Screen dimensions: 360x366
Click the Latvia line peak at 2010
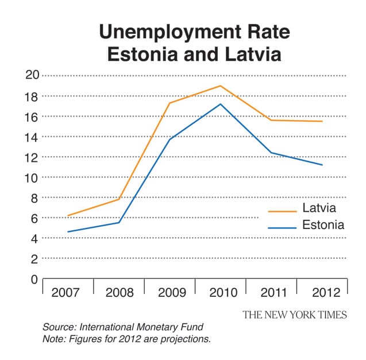[221, 86]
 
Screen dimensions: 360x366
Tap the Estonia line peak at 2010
[221, 104]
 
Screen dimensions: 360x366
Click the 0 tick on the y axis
[34, 280]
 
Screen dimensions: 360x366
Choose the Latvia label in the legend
[319, 208]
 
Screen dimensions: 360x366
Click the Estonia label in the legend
[323, 225]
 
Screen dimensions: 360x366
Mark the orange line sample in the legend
[282, 211]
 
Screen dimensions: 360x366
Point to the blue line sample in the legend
[282, 228]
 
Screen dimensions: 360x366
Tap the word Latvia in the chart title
[248, 55]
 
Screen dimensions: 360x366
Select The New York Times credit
[294, 315]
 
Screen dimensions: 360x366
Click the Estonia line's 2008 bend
[118, 222]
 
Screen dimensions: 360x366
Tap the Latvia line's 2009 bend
[169, 103]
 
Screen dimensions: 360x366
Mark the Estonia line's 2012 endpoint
[322, 165]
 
